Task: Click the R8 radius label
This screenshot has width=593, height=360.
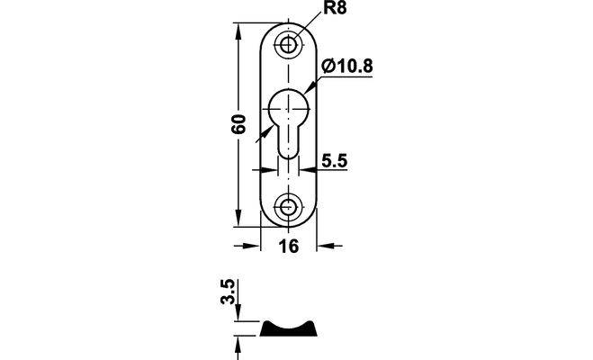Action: pos(335,8)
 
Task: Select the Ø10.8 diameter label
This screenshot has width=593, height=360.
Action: pos(346,67)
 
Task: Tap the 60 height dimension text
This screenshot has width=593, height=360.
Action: pos(239,123)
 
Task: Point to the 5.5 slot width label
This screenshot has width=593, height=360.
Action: pos(335,161)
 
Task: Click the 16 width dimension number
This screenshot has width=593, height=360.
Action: pos(289,247)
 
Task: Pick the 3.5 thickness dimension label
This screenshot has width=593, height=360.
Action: pos(228,292)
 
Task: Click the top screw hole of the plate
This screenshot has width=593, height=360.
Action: pos(288,45)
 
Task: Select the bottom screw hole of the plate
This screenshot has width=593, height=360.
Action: pos(288,207)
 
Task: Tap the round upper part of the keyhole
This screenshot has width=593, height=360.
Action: pos(289,109)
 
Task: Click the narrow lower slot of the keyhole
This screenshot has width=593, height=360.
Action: pos(289,142)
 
